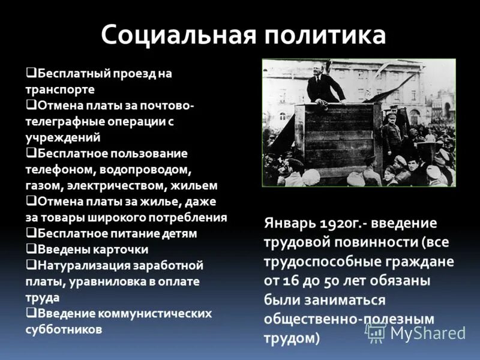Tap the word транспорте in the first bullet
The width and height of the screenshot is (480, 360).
[60, 89]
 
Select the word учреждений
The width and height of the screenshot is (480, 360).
[59, 137]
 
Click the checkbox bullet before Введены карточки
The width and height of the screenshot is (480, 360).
[30, 248]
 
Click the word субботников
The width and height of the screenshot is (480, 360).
[64, 329]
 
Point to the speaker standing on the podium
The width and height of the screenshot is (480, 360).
[325, 86]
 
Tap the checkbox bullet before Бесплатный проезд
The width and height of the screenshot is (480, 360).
[30, 73]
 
